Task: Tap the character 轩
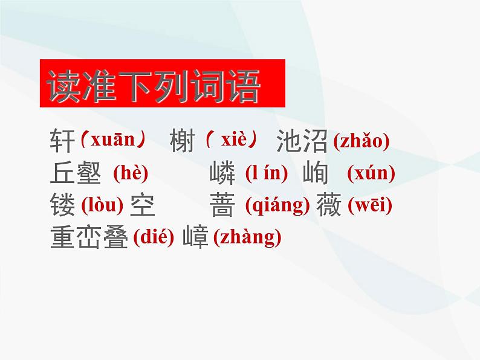point(62,142)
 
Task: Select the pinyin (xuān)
point(114,141)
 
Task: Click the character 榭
point(183,142)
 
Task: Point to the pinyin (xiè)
point(233,141)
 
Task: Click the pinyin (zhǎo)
point(361,141)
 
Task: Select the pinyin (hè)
point(131,173)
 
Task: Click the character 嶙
point(222,174)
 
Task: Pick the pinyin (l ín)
point(267,173)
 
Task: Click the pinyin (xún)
point(371,173)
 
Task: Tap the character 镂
point(62,207)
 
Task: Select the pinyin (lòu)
point(102,206)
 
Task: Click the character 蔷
point(222,207)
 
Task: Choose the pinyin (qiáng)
point(277,206)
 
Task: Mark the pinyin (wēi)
point(370,206)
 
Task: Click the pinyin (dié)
point(153,238)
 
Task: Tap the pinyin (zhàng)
point(248,238)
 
